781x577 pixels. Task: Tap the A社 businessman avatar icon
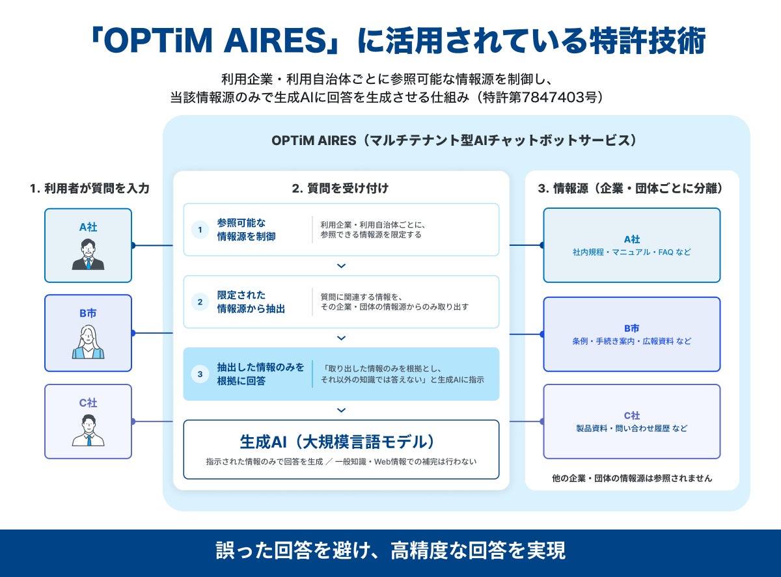point(88,254)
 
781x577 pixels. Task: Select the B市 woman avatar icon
point(88,342)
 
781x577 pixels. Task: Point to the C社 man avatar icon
point(88,430)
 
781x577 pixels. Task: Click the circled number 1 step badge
point(200,230)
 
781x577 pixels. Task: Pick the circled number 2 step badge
point(200,302)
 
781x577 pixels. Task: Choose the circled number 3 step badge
point(200,374)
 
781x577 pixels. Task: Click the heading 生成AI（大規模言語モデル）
point(338,442)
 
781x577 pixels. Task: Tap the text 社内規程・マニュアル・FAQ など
point(632,252)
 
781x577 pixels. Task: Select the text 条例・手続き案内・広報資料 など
point(632,341)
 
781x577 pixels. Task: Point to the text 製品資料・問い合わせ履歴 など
point(632,429)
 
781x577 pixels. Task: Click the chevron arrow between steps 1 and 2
point(341,266)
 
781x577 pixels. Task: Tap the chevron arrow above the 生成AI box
point(341,410)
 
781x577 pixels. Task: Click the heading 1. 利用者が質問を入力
point(90,189)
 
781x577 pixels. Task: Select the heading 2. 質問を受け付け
point(340,189)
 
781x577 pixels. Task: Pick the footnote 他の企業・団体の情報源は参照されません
point(632,478)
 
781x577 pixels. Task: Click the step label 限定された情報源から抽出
point(251,302)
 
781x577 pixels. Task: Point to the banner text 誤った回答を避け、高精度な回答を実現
point(390,551)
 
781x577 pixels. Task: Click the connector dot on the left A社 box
point(133,245)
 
